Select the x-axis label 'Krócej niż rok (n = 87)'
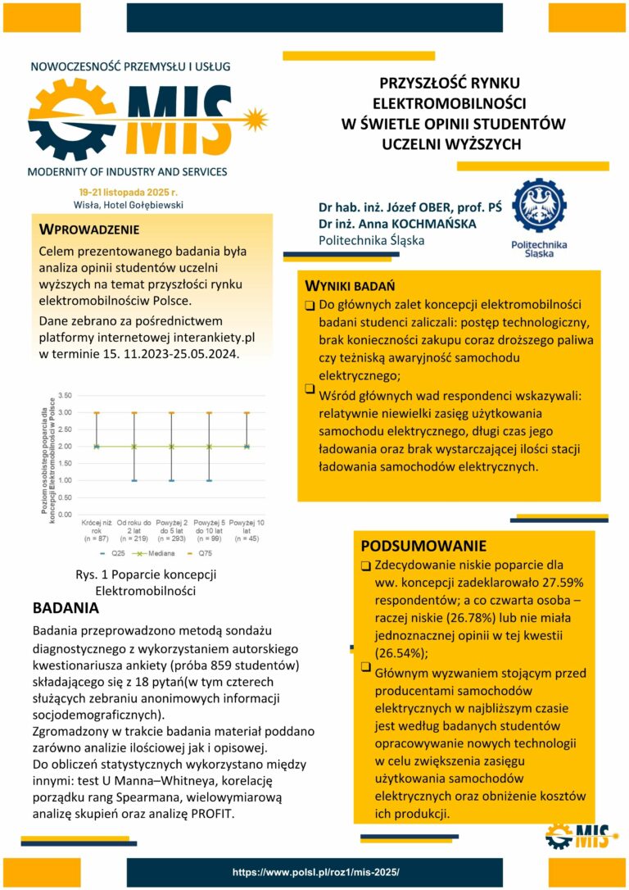pyautogui.click(x=97, y=530)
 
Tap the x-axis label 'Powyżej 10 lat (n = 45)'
pyautogui.click(x=247, y=530)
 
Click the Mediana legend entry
pyautogui.click(x=163, y=554)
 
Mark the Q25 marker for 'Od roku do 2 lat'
pyautogui.click(x=133, y=480)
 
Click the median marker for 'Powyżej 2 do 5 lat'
pyautogui.click(x=171, y=447)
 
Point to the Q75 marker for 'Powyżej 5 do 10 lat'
pyautogui.click(x=209, y=412)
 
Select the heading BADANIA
pyautogui.click(x=66, y=609)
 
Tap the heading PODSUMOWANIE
pyautogui.click(x=423, y=546)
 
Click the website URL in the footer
pyautogui.click(x=315, y=873)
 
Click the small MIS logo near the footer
pyautogui.click(x=581, y=838)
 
